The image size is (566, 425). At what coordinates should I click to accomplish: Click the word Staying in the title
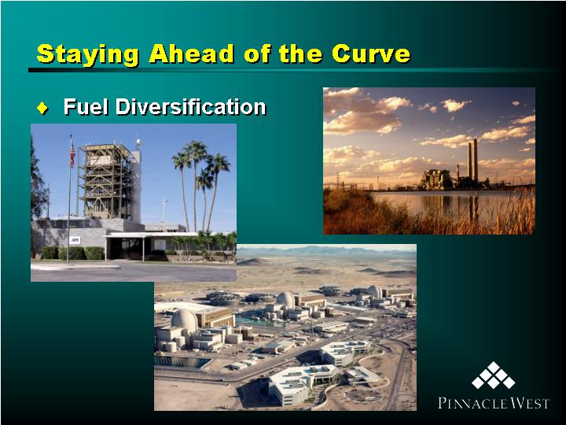coord(88,55)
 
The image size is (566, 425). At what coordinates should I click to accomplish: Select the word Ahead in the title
coord(191,54)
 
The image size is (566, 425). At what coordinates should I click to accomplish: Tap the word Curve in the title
coord(371,54)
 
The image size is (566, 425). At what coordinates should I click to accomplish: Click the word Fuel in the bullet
coord(86,106)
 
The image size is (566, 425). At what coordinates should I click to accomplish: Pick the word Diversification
coord(191,106)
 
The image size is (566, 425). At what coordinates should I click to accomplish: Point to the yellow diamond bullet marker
coord(42,108)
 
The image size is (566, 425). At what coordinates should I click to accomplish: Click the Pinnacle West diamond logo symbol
coord(493,375)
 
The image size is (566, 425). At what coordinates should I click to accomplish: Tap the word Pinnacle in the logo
coord(472,403)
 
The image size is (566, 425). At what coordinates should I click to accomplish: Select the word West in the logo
coord(529,403)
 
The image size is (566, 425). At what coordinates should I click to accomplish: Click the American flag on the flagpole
coord(72,153)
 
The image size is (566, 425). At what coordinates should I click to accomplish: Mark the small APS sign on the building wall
coord(75,240)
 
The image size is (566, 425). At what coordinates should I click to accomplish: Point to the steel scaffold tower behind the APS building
coord(106,181)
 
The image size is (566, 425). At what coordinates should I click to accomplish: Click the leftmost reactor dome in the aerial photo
coord(185,321)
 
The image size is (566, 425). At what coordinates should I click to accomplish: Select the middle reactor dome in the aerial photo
coord(286,300)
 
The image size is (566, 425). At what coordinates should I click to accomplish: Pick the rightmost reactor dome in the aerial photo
coord(375,292)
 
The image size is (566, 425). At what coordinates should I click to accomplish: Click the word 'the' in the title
coord(300,54)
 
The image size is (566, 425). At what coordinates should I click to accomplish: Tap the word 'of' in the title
coord(257,54)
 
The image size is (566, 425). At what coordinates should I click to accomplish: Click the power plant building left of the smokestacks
coord(436,179)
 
